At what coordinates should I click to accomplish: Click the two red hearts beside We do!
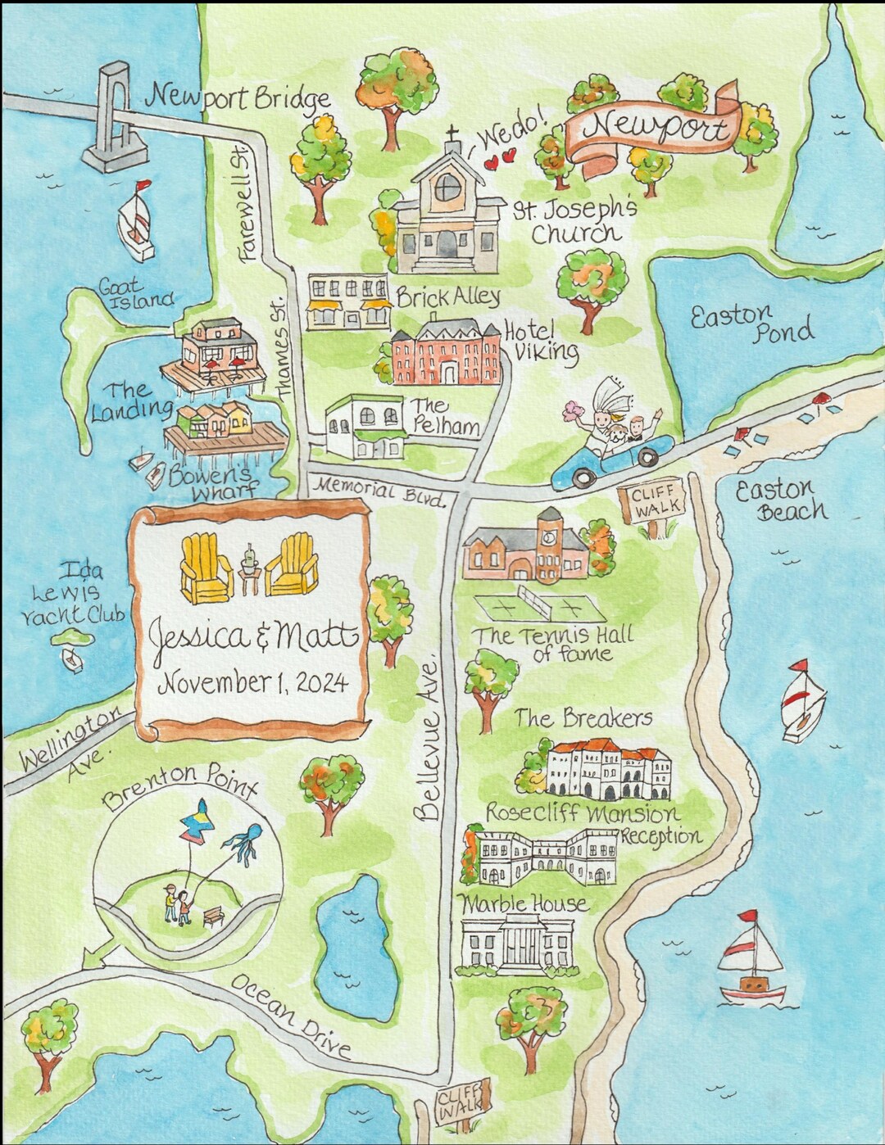pos(500,158)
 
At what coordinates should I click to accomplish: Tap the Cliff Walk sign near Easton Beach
pos(652,500)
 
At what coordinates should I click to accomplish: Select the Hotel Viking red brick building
pos(446,355)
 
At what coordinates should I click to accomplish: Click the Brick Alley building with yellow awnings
pos(348,302)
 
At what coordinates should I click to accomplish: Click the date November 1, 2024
pos(252,682)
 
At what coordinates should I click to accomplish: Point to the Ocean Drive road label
pos(291,1016)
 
